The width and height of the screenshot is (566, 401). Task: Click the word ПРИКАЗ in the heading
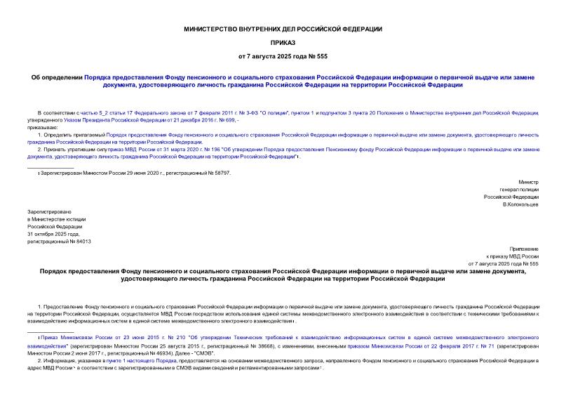283,42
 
